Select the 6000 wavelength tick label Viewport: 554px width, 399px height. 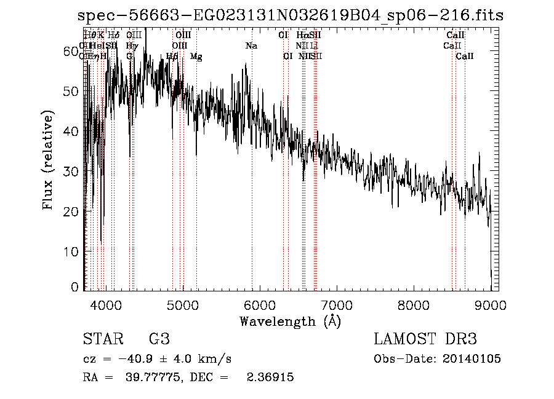click(x=260, y=304)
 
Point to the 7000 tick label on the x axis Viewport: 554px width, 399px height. click(x=337, y=304)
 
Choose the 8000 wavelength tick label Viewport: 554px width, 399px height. click(x=414, y=304)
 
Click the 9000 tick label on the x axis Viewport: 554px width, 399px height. click(x=491, y=304)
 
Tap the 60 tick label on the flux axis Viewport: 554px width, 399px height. click(x=72, y=52)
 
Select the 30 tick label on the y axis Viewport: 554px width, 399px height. click(x=72, y=172)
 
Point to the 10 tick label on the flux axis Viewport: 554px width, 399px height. click(x=72, y=251)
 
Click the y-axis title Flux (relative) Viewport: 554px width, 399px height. click(x=48, y=160)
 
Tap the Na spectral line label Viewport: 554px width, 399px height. click(x=251, y=45)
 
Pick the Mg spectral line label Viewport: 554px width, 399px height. click(x=196, y=57)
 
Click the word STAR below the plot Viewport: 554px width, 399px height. click(x=102, y=339)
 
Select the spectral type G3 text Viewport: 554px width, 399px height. click(x=159, y=339)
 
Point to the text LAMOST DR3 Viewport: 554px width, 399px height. click(x=425, y=339)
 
